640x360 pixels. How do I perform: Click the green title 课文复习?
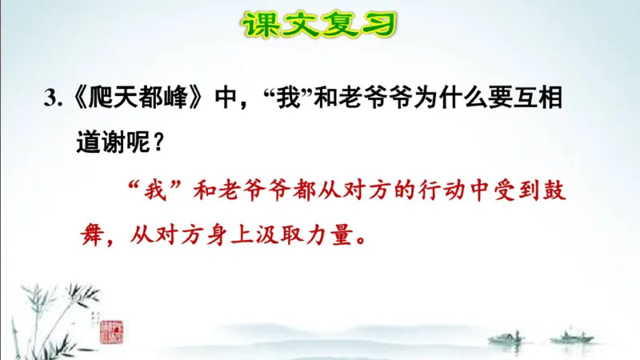pyautogui.click(x=320, y=24)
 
